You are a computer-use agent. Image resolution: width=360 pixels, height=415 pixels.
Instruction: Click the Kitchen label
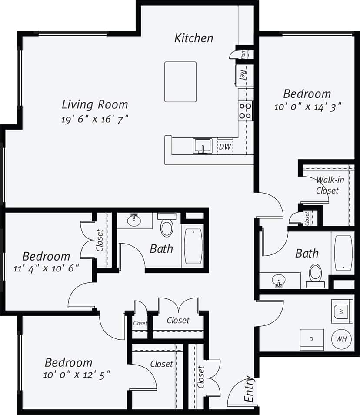pos(194,38)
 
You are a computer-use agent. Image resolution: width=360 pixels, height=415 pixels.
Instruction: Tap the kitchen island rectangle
pos(180,82)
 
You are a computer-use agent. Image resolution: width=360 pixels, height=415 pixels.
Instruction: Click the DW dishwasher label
pos(225,147)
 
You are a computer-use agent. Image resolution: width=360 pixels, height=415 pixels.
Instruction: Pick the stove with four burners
pos(245,110)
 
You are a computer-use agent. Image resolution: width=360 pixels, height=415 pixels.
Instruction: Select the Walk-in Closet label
pos(327,185)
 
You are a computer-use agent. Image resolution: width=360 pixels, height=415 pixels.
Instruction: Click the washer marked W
pos(342,311)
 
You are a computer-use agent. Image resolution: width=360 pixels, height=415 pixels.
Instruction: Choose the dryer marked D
pos(311,339)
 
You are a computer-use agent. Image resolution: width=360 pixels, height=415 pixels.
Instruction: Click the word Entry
pos(249,388)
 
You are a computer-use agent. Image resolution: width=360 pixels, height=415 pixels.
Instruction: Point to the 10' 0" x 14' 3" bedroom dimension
pos(307,106)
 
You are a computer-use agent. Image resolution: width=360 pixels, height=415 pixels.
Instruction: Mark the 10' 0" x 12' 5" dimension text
pos(77,374)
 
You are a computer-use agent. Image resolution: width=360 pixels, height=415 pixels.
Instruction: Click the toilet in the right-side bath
pos(315,275)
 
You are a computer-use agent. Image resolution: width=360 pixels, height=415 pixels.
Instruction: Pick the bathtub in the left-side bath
pos(193,246)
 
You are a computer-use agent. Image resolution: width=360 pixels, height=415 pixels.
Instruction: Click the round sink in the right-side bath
pos(279,279)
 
